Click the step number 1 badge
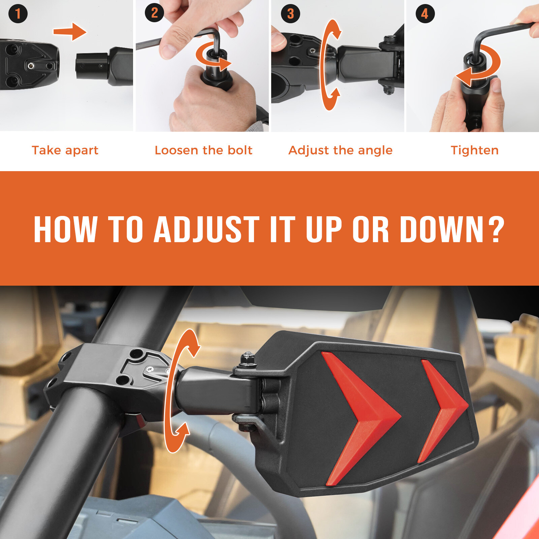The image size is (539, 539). point(18,13)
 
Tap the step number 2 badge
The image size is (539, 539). point(154,13)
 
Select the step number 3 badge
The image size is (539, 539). point(290,13)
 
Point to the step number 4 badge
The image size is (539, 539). point(425,13)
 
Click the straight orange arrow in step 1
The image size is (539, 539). point(70,32)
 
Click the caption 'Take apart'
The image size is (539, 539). point(65,150)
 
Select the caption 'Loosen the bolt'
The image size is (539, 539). point(203,150)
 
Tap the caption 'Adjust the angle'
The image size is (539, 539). point(340,150)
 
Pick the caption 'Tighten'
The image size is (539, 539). point(475,150)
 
